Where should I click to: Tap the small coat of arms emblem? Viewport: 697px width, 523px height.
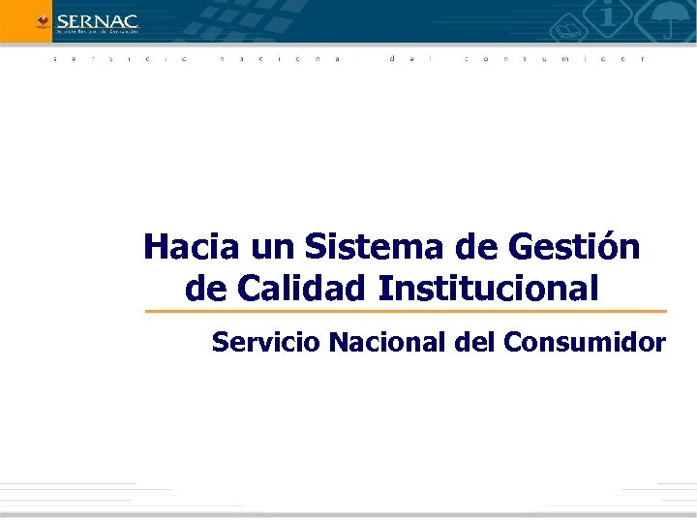point(42,20)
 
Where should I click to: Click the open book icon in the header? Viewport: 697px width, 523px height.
point(562,35)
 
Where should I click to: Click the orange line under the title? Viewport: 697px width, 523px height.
point(406,312)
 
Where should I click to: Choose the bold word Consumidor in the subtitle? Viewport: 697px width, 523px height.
point(570,342)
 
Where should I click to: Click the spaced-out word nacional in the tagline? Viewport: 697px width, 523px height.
point(280,59)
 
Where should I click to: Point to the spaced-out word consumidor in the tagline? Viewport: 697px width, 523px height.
point(553,59)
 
